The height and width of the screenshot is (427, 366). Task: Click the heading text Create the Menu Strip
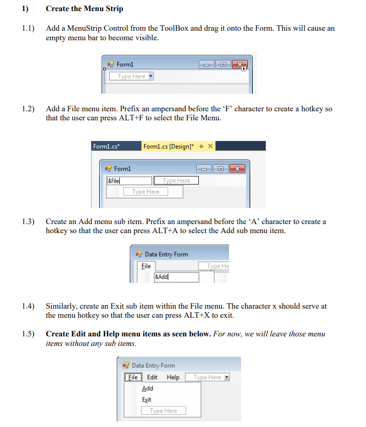point(84,9)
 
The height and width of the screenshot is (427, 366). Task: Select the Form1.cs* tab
point(106,146)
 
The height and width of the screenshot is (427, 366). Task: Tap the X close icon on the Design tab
point(210,146)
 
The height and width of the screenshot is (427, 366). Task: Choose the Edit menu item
point(152,377)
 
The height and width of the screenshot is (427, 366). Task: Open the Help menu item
point(173,377)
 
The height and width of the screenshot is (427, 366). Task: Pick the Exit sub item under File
point(147,399)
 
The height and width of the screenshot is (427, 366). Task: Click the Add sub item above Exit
point(148,388)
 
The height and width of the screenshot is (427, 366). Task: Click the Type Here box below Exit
point(163,410)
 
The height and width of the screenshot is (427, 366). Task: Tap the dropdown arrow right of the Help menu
point(227,377)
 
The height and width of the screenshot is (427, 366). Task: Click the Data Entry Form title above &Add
point(166,254)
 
